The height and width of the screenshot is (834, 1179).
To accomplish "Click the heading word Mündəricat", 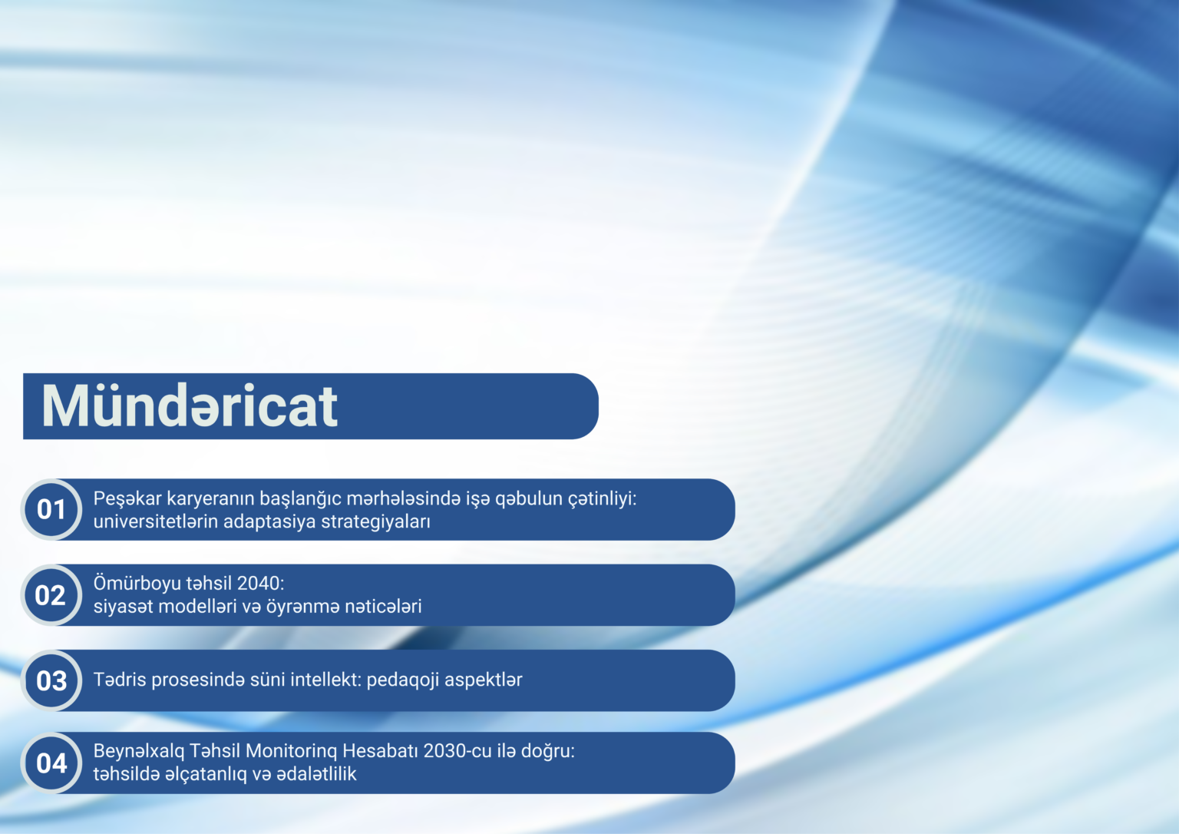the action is point(189,406).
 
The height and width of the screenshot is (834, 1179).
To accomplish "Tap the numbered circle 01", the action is point(51,509).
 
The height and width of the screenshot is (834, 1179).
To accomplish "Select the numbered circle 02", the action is point(51,595).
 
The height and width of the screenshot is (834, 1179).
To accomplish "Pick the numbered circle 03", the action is point(51,680).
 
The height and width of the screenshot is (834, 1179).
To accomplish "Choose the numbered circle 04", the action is point(51,763).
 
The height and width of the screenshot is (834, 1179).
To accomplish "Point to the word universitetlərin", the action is point(156,521).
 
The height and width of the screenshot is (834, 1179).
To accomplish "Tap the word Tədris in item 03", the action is point(120,680).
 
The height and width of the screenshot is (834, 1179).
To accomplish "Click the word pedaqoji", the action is point(403,680).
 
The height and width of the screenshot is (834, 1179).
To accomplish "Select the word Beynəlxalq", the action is point(139,752).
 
